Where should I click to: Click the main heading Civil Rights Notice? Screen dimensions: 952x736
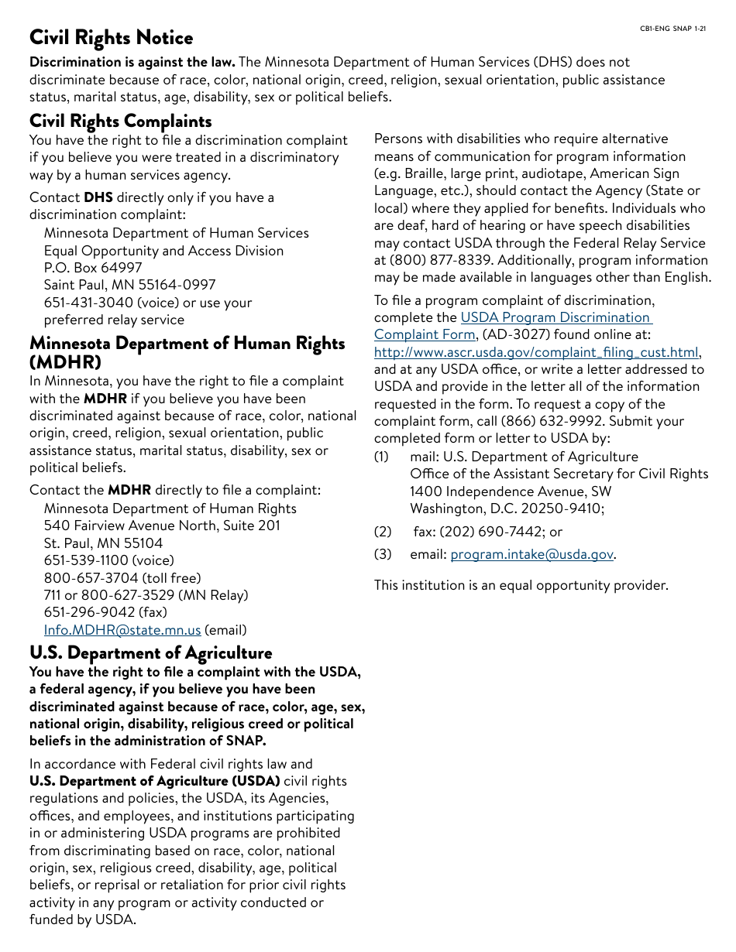click(x=111, y=38)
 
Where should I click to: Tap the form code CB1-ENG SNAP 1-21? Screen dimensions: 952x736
click(x=672, y=29)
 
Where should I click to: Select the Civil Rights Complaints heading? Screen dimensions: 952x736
click(x=120, y=122)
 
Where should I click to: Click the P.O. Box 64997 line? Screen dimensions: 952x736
click(x=93, y=268)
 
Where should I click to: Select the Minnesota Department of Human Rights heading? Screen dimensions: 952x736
click(x=187, y=344)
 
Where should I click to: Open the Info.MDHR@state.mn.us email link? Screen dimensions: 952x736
click(x=122, y=630)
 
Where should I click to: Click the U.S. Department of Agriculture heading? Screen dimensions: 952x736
click(x=150, y=652)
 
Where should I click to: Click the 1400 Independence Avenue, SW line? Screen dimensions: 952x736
click(x=511, y=491)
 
